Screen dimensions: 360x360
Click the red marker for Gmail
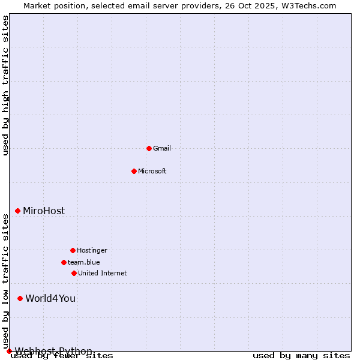(149, 148)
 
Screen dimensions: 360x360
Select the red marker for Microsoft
(134, 171)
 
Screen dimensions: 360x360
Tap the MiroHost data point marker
(17, 211)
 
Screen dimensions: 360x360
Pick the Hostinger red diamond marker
(73, 250)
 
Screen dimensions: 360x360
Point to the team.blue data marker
(64, 262)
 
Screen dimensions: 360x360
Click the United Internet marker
(74, 273)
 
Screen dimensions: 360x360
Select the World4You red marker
(20, 298)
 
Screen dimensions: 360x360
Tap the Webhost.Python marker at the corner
(9, 351)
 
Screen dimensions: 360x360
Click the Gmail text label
(162, 148)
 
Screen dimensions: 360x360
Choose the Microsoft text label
(152, 171)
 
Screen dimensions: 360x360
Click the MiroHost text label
(44, 211)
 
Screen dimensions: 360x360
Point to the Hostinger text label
(92, 250)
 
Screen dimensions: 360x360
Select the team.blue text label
(84, 262)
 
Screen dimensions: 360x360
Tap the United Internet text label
(103, 273)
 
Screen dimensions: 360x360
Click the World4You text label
(50, 298)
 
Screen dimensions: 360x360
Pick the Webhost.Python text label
(53, 351)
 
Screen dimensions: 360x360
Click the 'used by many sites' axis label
(301, 356)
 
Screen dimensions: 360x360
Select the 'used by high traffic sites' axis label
(5, 85)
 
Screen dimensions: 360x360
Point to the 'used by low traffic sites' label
(5, 281)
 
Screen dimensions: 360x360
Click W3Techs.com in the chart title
(310, 5)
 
